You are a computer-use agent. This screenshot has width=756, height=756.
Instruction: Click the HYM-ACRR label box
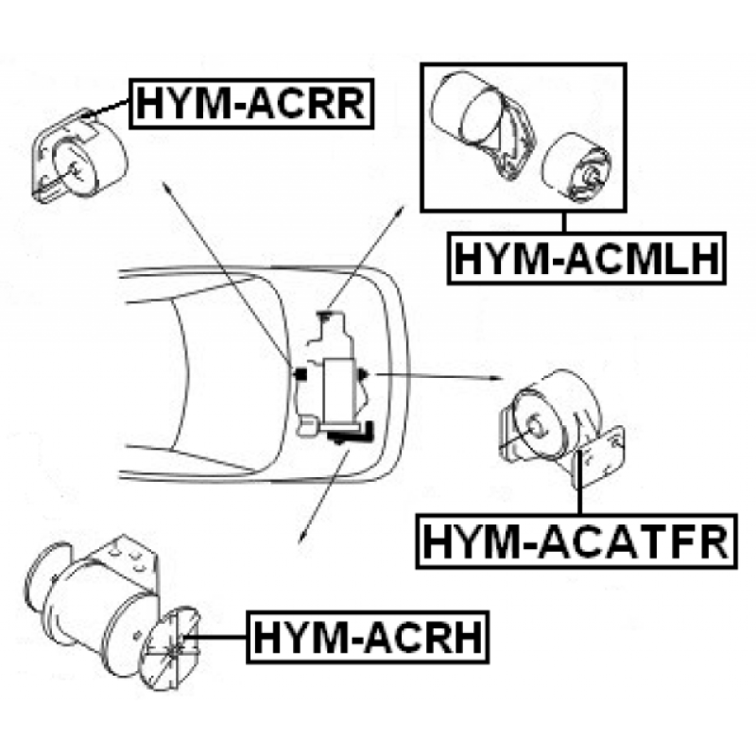coord(251,104)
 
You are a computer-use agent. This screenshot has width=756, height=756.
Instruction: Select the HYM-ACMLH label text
coord(587,258)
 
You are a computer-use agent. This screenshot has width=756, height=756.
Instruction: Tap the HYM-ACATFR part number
coord(576,541)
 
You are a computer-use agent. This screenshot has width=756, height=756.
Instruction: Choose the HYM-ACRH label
coord(368,637)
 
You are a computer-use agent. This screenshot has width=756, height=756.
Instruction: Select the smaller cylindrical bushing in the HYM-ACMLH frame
coord(576,165)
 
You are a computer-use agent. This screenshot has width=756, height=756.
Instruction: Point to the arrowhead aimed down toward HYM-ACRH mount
coord(302,537)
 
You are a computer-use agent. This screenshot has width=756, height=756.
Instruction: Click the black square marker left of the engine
coord(301,373)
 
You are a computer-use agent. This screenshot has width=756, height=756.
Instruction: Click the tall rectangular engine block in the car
coord(340,391)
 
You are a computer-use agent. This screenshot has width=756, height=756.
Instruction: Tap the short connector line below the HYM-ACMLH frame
coord(563,223)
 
